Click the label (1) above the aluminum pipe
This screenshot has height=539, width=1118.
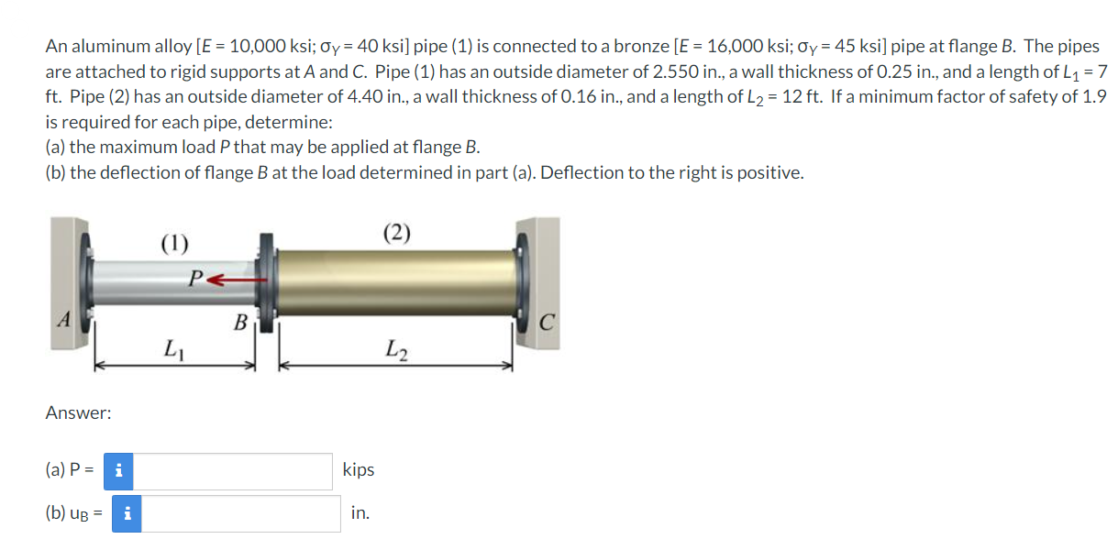[x=174, y=243]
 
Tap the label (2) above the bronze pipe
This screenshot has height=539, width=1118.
[x=396, y=233]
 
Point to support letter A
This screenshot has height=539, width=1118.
[x=64, y=320]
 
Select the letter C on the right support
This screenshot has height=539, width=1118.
[x=546, y=323]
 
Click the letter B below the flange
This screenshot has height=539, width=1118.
[x=240, y=323]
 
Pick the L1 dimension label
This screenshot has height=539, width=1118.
[x=172, y=348]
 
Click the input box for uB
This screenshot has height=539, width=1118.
[x=240, y=513]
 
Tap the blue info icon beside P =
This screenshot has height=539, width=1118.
[x=117, y=471]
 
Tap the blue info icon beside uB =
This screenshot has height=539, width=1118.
[x=126, y=513]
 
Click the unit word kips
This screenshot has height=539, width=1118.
[x=358, y=469]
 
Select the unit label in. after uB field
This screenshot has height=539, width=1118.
[x=360, y=513]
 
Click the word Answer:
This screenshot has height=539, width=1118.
[x=78, y=413]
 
